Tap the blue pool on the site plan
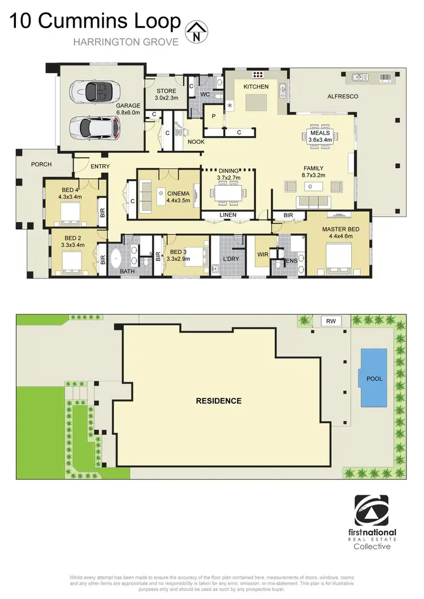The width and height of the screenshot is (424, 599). pyautogui.click(x=374, y=378)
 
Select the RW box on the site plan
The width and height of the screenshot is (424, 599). pyautogui.click(x=330, y=321)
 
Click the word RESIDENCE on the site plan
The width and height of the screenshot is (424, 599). pyautogui.click(x=219, y=401)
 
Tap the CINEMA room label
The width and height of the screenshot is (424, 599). pyautogui.click(x=178, y=193)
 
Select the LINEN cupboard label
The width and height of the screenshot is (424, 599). pyautogui.click(x=228, y=215)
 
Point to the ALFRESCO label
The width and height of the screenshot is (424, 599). pyautogui.click(x=343, y=97)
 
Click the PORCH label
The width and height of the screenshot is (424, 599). pyautogui.click(x=41, y=164)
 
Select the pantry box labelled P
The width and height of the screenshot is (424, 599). pyautogui.click(x=214, y=117)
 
